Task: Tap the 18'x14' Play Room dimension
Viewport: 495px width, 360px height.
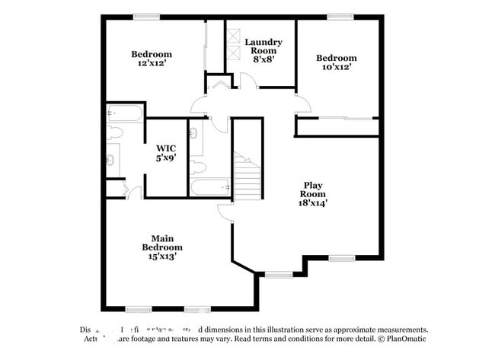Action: tap(314, 203)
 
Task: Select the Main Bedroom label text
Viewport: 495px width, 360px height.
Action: tap(162, 237)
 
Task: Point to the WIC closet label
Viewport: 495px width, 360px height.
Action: tap(166, 148)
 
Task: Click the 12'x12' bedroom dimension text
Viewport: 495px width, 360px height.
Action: tap(151, 64)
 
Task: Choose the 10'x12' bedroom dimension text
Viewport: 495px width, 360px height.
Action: tap(336, 67)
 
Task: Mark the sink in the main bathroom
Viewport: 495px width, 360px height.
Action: tap(111, 160)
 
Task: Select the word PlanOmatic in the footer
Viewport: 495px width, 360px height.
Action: tap(404, 339)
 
